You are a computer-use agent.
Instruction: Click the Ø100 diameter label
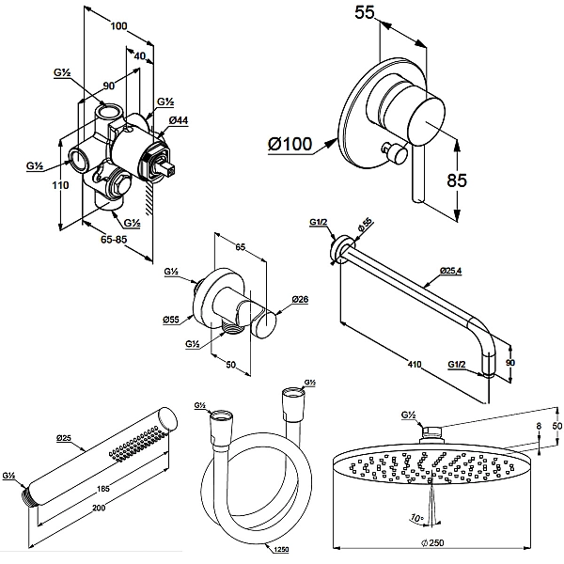[290, 144]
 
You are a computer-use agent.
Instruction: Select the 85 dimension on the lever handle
[457, 180]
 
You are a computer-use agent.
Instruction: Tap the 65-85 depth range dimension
[114, 239]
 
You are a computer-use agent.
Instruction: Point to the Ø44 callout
[179, 120]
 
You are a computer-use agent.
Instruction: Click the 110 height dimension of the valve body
[60, 185]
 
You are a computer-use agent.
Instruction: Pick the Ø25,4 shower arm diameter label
[450, 270]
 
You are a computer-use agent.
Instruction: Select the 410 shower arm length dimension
[415, 365]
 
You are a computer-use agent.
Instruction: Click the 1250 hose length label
[281, 549]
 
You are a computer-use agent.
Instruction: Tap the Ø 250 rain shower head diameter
[432, 543]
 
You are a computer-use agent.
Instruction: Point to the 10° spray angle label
[415, 518]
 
